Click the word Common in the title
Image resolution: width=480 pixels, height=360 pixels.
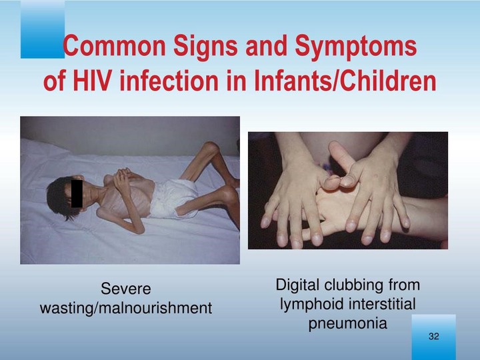(x=114, y=46)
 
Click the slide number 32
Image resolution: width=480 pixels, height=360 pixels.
(x=434, y=336)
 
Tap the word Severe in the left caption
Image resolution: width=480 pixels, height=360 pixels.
(x=126, y=289)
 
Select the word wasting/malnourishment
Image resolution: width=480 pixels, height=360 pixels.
(x=126, y=308)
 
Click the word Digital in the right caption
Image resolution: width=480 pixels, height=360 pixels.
(x=298, y=285)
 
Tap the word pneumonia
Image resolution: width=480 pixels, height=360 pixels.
(x=348, y=323)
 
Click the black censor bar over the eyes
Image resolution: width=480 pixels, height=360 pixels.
(x=77, y=193)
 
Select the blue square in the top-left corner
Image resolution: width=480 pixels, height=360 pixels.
(x=43, y=29)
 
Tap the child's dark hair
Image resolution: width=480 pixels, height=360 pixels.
(x=58, y=196)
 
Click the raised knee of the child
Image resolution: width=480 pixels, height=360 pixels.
(x=211, y=147)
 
